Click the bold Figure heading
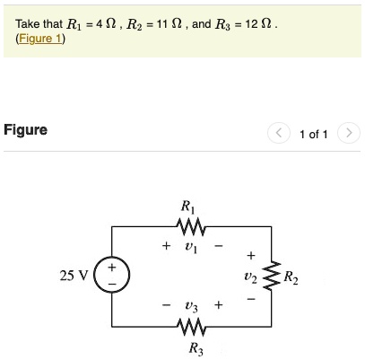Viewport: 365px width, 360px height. point(26,130)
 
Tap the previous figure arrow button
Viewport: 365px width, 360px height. point(279,134)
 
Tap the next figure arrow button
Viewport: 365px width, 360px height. point(351,134)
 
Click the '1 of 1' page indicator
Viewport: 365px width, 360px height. point(314,134)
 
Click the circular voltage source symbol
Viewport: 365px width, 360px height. point(112,275)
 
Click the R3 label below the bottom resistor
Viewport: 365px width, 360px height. point(195,347)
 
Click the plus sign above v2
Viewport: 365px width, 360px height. point(250,254)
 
